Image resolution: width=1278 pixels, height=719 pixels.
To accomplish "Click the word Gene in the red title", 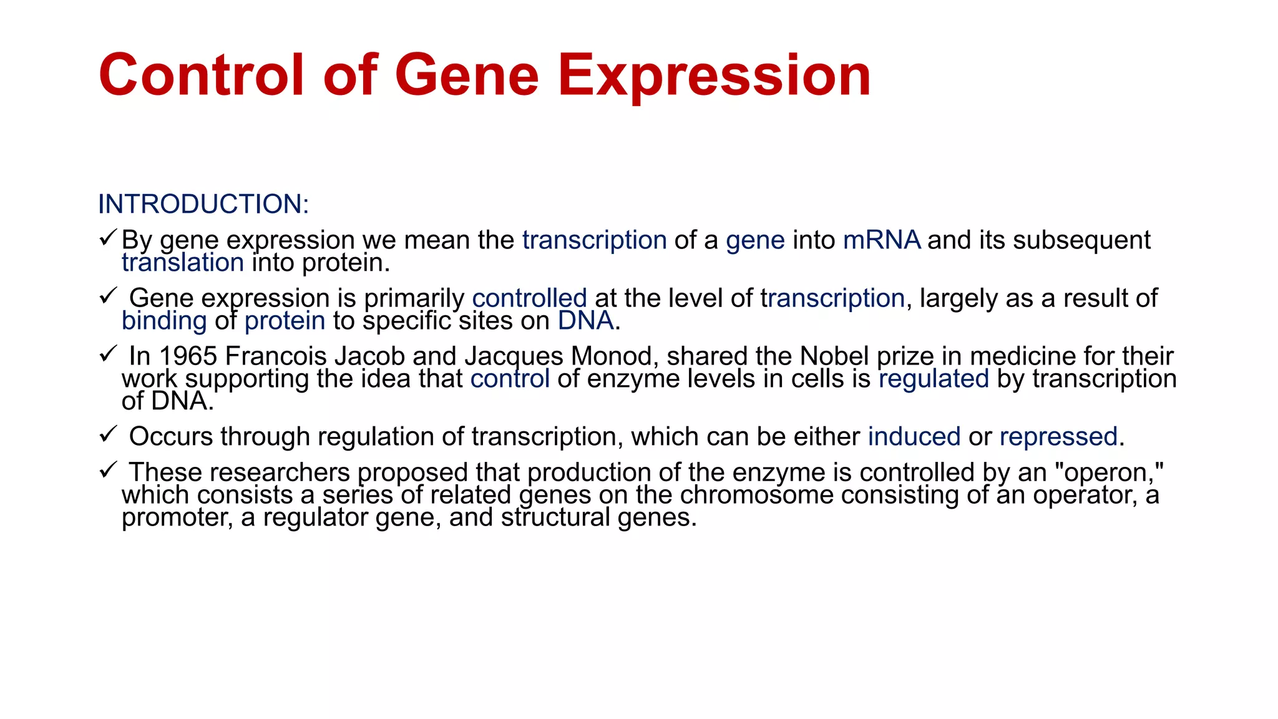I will click(x=466, y=76).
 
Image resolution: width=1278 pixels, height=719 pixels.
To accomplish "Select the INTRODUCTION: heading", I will click(x=203, y=205).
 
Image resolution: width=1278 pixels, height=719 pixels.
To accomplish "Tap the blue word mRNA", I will click(x=881, y=240).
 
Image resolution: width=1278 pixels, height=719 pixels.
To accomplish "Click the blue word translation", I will click(x=182, y=263).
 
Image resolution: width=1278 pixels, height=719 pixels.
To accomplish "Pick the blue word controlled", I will click(x=529, y=298).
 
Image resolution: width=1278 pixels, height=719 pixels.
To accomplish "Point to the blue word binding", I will click(x=164, y=321).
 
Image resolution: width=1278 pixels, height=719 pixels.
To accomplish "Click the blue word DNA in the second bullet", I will click(x=585, y=321).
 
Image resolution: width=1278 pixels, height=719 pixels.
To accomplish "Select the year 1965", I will click(x=188, y=356).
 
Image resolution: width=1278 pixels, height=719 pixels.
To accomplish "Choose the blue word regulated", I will click(x=934, y=379).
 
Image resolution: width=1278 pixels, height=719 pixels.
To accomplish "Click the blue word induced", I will click(x=914, y=437).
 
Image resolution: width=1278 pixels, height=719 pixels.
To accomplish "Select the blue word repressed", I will click(x=1058, y=437).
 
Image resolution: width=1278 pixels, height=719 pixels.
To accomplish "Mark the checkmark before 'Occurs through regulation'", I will click(x=108, y=434).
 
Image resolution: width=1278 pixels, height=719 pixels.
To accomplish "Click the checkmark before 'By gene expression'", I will click(x=108, y=238).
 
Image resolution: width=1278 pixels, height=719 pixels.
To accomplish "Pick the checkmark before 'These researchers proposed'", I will click(x=108, y=470).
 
